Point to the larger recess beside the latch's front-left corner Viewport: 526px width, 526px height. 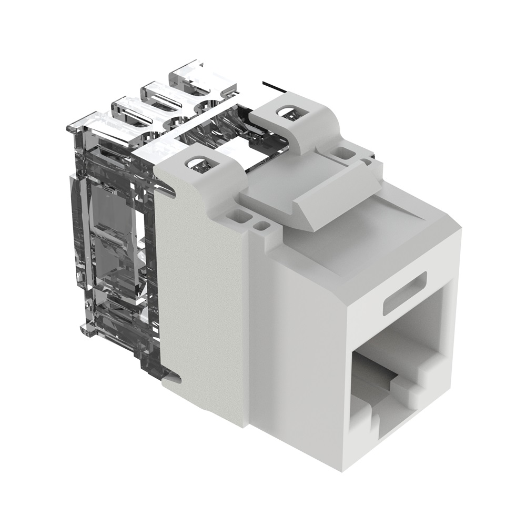point(240,215)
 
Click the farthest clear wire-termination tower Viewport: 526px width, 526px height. point(195,76)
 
